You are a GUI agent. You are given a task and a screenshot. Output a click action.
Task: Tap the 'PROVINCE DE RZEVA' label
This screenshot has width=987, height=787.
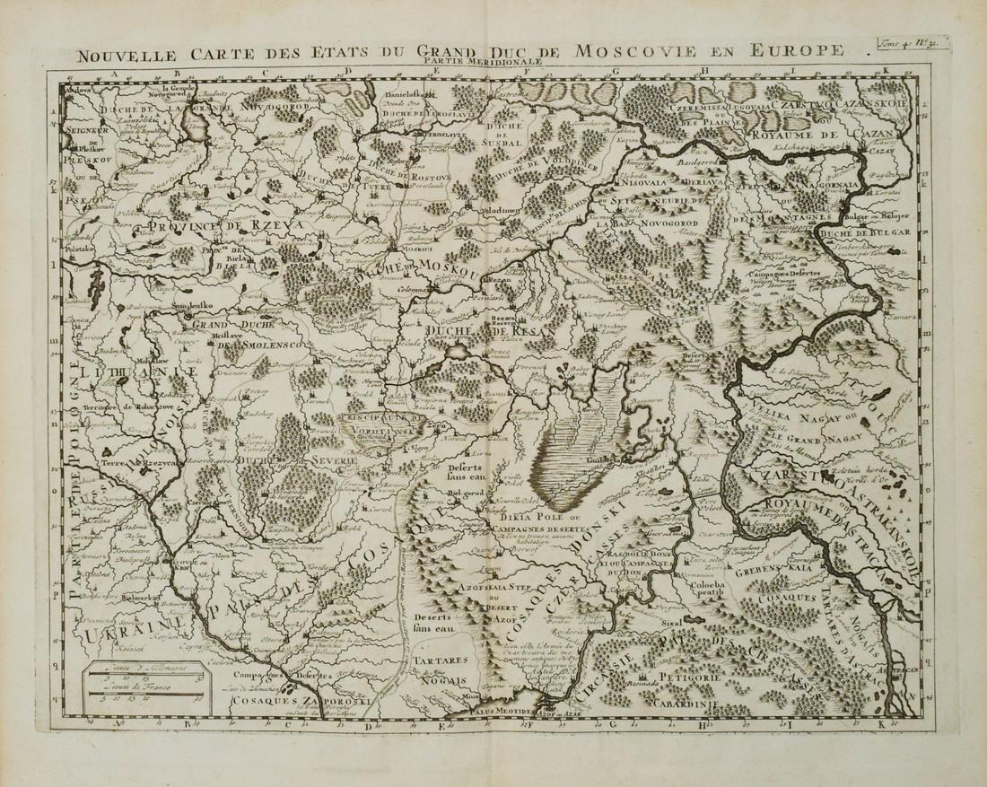194,229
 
